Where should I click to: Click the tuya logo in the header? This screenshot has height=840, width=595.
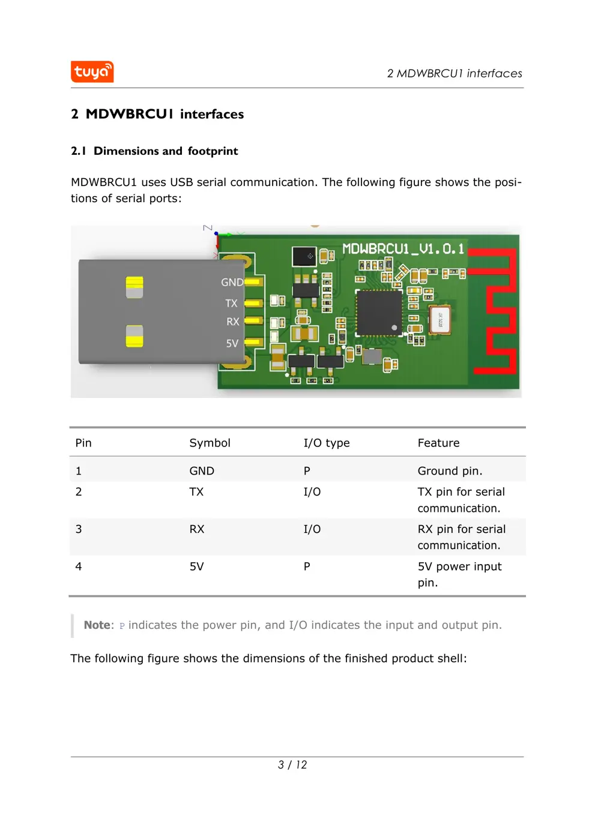coord(92,72)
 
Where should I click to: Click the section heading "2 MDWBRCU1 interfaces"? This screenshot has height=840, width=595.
coord(157,114)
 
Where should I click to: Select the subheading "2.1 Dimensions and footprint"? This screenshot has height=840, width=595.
coord(154,151)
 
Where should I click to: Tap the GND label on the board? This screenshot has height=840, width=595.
coord(232,282)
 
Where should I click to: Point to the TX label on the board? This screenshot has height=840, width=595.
coord(231,304)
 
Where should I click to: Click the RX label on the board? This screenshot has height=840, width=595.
coord(232,322)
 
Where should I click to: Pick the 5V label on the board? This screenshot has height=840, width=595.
coord(232,343)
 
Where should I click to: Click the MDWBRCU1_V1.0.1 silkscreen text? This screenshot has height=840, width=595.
coord(403,249)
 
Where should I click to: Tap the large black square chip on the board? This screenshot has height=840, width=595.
coord(379,312)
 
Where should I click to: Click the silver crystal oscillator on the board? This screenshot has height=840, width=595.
coord(440,318)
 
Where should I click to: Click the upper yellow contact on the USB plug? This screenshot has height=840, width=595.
coord(134,287)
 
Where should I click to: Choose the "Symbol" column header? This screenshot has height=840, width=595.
coord(210,443)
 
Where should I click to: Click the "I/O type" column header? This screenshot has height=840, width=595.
coord(326,443)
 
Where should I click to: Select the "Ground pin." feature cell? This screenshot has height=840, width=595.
coord(450,471)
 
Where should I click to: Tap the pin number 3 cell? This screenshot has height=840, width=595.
coord(79,529)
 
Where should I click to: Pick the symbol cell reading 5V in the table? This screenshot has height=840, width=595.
coord(196,566)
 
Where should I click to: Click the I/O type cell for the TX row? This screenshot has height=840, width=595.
coord(312,492)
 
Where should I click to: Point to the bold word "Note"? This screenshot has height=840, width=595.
coord(97,625)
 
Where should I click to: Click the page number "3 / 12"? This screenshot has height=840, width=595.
coord(292,765)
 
